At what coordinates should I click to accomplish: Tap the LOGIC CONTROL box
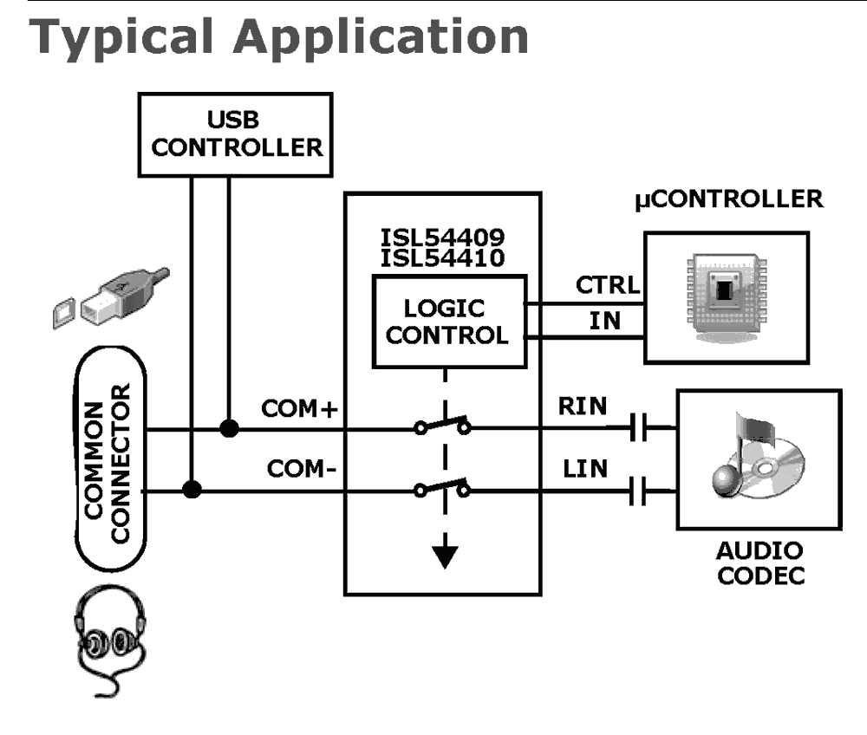(448, 322)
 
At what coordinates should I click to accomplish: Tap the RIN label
(583, 407)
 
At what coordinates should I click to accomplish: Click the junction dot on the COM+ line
(229, 428)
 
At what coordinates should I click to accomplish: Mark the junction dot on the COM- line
(192, 491)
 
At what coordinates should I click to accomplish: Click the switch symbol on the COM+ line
(443, 426)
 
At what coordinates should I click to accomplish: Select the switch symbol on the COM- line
(443, 488)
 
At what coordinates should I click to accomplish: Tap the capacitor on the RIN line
(642, 427)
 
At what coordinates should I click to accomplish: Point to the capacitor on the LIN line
(642, 491)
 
